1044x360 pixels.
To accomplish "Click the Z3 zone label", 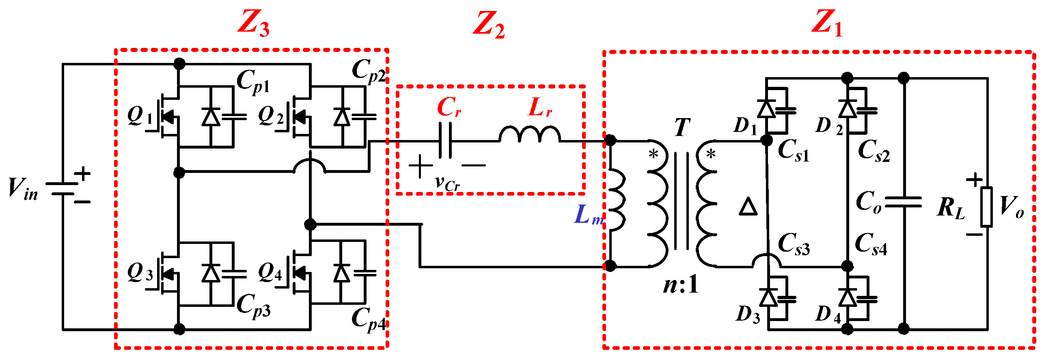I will pos(253,24).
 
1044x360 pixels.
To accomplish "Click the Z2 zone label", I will pos(489,25).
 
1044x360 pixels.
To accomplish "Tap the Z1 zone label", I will pos(827,23).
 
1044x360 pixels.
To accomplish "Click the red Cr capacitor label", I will pos(449,108).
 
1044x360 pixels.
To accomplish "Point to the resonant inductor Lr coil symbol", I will pos(529,134).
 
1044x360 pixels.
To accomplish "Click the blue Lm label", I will pos(588,215).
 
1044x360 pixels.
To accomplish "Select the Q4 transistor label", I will pos(270,272).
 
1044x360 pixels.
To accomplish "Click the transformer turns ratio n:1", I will pos(681,285).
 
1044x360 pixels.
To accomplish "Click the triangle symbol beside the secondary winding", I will pos(748,206).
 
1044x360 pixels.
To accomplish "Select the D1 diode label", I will pos(745,126).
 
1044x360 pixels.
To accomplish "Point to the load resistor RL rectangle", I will pos(986,206).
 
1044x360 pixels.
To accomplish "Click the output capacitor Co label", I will pos(868,202).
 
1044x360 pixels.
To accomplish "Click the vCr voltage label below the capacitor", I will pos(447,183).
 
